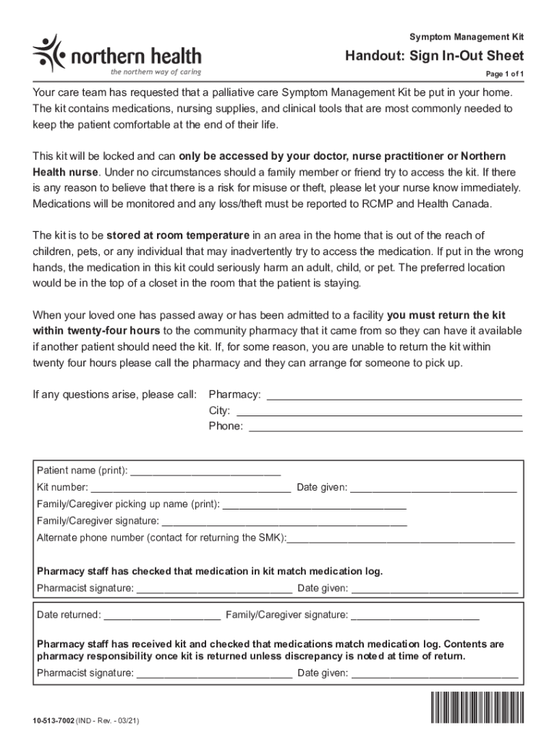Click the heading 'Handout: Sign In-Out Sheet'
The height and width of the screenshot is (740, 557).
(434, 56)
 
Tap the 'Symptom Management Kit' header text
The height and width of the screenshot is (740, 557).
(467, 36)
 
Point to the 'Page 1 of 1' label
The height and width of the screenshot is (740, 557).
(504, 75)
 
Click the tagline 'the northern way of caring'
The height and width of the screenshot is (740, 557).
(155, 72)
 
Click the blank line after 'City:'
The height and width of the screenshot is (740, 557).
(379, 413)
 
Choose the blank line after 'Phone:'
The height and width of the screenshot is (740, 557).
(386, 429)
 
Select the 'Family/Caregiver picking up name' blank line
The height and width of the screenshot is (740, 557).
(314, 506)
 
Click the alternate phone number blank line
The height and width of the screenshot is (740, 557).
(401, 540)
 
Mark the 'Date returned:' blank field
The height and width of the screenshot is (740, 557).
(162, 617)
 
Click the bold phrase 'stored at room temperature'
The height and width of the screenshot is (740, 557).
(178, 236)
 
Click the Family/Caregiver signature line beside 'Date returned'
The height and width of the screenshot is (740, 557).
(415, 617)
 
